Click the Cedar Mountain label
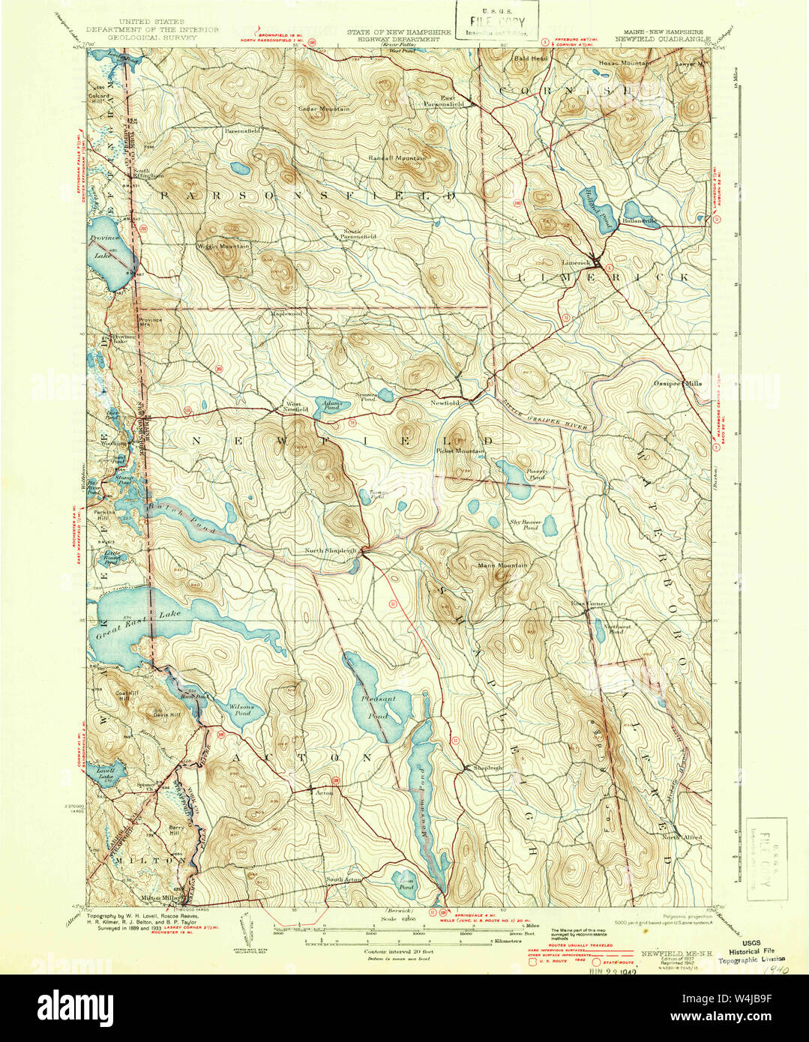coord(324,109)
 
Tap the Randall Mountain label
coord(397,159)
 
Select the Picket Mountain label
coord(460,451)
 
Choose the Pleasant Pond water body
coord(379,705)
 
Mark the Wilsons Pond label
coord(241,710)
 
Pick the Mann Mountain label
coord(503,565)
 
